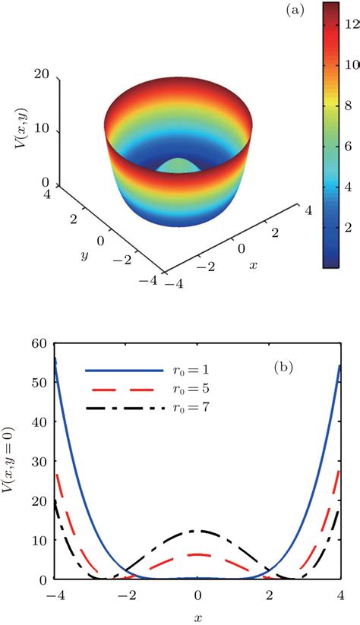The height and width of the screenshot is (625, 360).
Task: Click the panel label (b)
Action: click(287, 374)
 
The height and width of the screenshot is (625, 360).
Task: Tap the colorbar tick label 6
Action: click(351, 141)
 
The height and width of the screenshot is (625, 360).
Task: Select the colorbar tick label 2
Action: click(351, 226)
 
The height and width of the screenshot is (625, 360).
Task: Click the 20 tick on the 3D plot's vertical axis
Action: click(43, 74)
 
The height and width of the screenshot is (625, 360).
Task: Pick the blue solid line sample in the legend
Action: click(125, 370)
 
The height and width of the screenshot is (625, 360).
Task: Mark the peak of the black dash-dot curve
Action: click(197, 531)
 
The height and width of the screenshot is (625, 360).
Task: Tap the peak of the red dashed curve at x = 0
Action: click(197, 554)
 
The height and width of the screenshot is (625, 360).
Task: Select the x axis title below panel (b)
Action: click(197, 617)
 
